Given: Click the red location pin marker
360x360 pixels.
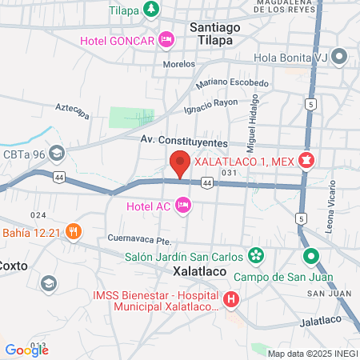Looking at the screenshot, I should click(181, 163).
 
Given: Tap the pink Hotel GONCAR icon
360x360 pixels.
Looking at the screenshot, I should click(166, 38).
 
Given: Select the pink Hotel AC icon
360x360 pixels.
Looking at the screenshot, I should click(183, 206).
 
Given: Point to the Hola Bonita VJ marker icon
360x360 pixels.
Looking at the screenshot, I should click(339, 57).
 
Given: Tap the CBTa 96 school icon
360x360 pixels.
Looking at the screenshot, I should click(56, 153).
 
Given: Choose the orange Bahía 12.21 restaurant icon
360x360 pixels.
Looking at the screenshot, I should click(73, 231).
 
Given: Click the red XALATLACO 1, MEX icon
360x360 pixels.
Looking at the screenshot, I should click(305, 160).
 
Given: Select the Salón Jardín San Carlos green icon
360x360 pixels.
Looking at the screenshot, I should click(255, 256).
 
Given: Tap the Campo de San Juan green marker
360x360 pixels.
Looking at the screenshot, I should click(310, 257).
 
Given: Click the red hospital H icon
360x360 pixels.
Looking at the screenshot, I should click(230, 300).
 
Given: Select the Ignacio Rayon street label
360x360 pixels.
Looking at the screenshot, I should click(211, 104).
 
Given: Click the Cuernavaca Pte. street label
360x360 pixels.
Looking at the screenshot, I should click(139, 239).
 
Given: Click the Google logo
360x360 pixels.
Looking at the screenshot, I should click(27, 350).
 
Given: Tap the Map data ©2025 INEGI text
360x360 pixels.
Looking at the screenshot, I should click(312, 354).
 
